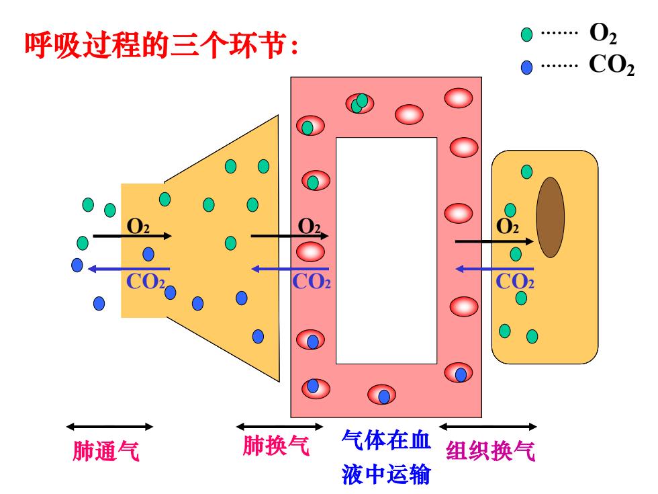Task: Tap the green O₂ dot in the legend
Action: (x=526, y=34)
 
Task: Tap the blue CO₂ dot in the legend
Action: (x=526, y=67)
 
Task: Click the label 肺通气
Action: (x=106, y=451)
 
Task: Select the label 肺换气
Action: (x=276, y=445)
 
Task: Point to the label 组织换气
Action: (x=490, y=451)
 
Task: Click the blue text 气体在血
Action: (x=386, y=440)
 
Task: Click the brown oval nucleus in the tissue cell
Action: (x=550, y=217)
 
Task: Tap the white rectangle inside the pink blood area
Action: (x=387, y=250)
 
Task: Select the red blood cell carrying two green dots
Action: (x=360, y=104)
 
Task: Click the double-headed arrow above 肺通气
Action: (x=109, y=427)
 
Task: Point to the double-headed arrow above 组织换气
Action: (x=488, y=427)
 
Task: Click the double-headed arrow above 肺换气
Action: (x=279, y=427)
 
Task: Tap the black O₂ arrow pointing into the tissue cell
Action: (x=494, y=241)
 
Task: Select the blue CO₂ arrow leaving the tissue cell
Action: (x=494, y=269)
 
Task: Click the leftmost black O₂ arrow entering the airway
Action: (x=132, y=236)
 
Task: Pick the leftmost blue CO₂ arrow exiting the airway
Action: (x=129, y=269)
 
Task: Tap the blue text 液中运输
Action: (x=386, y=474)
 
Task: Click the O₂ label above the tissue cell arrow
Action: (x=508, y=227)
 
